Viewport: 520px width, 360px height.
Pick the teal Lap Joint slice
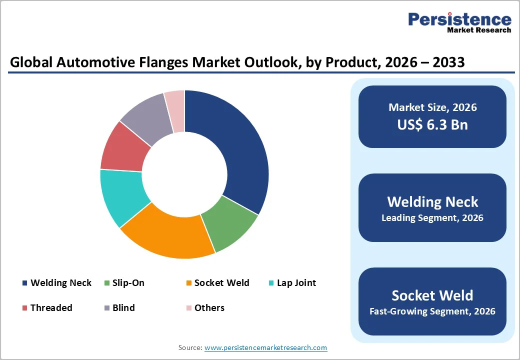(x=120, y=195)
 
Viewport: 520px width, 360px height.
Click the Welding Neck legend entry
(x=60, y=283)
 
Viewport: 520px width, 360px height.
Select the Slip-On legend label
(x=128, y=283)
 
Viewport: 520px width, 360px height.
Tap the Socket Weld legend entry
(x=221, y=283)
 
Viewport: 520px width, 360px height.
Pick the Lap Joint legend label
(x=296, y=283)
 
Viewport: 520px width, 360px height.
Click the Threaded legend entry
(x=51, y=308)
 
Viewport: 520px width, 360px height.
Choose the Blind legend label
(x=123, y=308)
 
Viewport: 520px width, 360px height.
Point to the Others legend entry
(x=209, y=308)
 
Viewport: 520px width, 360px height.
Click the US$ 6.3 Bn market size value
(x=432, y=124)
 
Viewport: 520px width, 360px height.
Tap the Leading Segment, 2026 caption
(x=432, y=218)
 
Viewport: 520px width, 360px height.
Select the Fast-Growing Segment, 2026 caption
(x=432, y=311)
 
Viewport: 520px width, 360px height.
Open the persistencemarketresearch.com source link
(x=265, y=347)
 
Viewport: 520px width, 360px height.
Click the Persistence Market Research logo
(x=459, y=22)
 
